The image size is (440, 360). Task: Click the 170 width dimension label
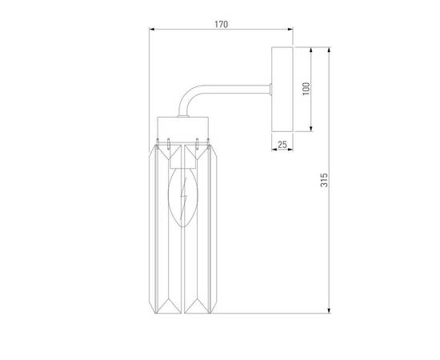pyautogui.click(x=221, y=25)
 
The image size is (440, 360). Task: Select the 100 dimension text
pyautogui.click(x=305, y=88)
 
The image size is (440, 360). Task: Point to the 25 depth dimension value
pyautogui.click(x=282, y=144)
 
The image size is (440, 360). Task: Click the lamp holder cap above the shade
pyautogui.click(x=183, y=126)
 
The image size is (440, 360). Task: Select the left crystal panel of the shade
pyautogui.click(x=166, y=228)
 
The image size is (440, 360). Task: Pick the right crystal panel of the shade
pyautogui.click(x=201, y=228)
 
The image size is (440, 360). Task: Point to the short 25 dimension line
pyautogui.click(x=282, y=150)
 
